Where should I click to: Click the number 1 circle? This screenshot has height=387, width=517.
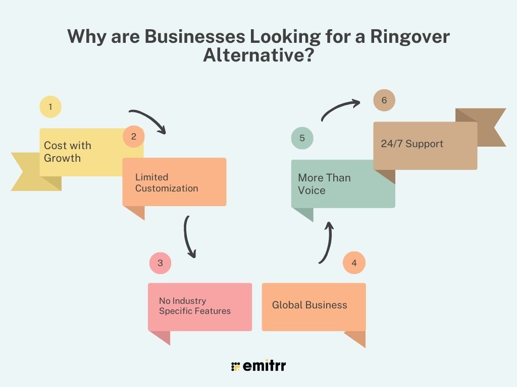click(50, 107)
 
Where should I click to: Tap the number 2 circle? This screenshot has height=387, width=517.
click(133, 136)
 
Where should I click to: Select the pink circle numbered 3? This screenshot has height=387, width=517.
click(160, 263)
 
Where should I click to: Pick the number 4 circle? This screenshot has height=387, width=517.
click(354, 263)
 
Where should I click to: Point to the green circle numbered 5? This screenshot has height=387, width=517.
click(302, 138)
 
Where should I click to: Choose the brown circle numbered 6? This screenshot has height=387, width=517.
click(384, 100)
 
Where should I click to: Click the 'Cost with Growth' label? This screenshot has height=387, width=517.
click(68, 152)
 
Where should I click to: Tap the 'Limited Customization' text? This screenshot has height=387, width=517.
click(167, 182)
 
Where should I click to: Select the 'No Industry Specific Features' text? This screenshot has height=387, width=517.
click(195, 306)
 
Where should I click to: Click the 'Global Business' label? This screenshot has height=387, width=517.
click(309, 305)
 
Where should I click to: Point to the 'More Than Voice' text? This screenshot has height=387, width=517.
click(324, 184)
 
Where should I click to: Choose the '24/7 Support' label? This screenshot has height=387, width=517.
click(412, 144)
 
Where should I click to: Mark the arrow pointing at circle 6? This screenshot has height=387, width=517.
click(338, 107)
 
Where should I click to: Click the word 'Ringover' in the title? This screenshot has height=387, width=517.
click(410, 36)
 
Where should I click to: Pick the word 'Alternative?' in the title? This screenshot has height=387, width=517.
click(258, 54)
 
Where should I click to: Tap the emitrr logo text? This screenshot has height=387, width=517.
click(264, 366)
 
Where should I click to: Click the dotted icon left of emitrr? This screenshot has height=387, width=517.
click(235, 367)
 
